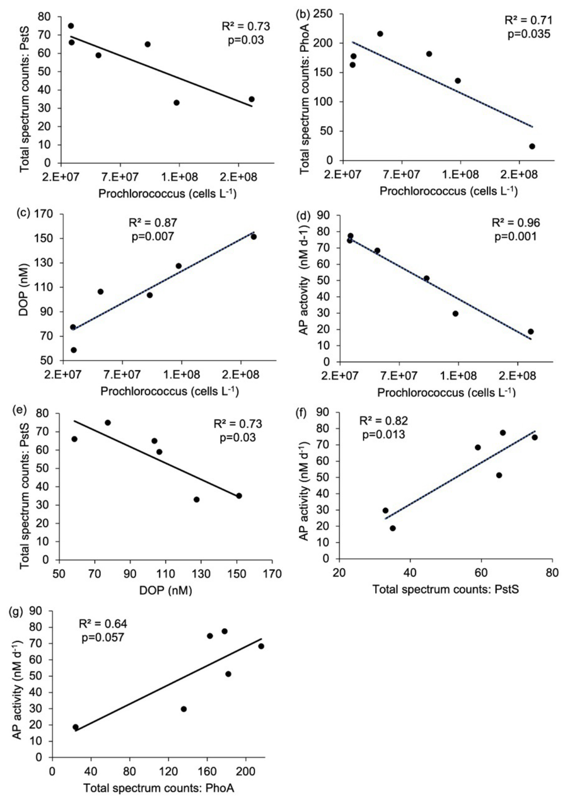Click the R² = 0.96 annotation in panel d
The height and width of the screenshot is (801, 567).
tap(516, 223)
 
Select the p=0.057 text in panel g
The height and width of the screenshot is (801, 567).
tap(103, 637)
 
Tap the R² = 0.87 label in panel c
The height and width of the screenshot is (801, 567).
tap(153, 223)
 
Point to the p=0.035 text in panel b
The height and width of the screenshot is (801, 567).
tap(529, 34)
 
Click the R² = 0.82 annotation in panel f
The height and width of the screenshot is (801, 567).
tap(383, 421)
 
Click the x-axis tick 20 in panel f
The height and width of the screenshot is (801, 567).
tap(339, 573)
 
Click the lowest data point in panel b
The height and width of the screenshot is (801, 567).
tap(532, 146)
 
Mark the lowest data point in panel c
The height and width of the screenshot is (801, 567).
tap(74, 350)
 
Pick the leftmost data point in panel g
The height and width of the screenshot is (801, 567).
tap(75, 727)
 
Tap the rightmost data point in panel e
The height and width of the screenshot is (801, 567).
tap(239, 496)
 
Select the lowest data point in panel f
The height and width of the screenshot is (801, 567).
tap(393, 528)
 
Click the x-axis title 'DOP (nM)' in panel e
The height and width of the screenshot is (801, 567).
tap(166, 590)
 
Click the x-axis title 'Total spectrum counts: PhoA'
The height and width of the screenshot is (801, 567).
tap(159, 788)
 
